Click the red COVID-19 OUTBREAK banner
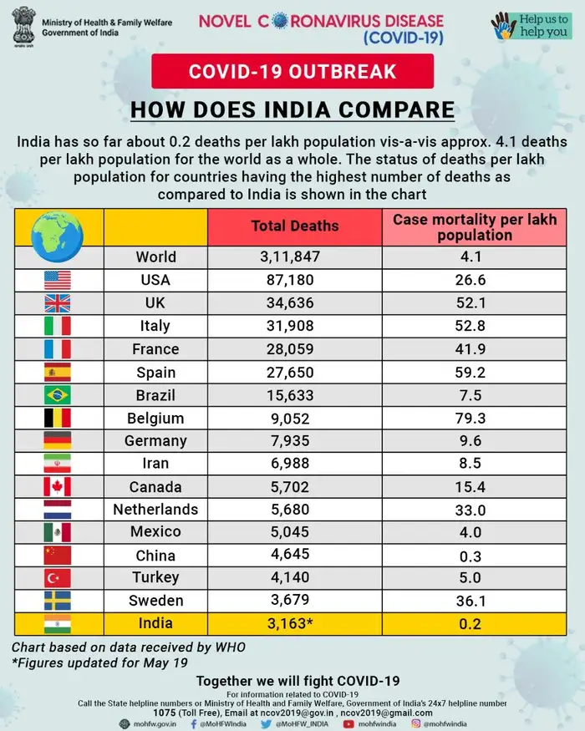[x=292, y=71]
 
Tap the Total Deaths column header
[x=295, y=226]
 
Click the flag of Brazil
[x=58, y=395]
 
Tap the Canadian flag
[x=58, y=487]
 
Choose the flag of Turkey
[x=58, y=578]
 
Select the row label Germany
[x=155, y=440]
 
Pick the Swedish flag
[x=58, y=601]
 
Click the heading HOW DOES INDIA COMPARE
[x=292, y=110]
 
